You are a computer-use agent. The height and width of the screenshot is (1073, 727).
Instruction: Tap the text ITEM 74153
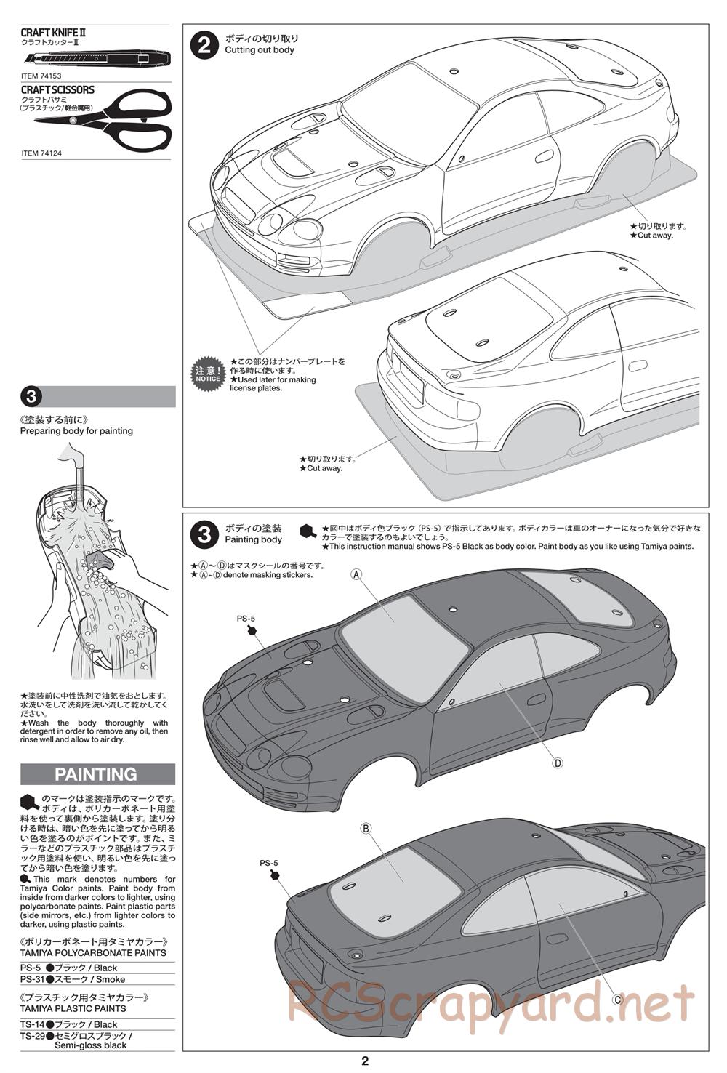tap(41, 76)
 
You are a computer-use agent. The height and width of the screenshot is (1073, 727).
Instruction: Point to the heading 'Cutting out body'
tap(260, 50)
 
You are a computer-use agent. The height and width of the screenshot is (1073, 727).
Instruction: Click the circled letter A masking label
tap(356, 574)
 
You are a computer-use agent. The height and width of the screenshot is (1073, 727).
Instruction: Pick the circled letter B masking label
tap(366, 828)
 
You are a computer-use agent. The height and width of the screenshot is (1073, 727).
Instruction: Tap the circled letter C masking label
tap(617, 999)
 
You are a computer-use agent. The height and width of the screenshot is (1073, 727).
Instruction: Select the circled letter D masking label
tap(558, 763)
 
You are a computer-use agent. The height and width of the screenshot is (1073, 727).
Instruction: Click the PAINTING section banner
tap(97, 774)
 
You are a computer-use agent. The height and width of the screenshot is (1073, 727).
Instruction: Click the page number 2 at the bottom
tap(365, 1061)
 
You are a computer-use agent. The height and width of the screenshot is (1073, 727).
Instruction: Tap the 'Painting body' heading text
tap(253, 540)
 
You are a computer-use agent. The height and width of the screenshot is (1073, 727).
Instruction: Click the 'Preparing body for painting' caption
tap(76, 431)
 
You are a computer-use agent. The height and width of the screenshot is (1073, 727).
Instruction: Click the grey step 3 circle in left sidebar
tap(31, 397)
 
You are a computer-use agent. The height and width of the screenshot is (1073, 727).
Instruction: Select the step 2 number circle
tap(204, 45)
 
